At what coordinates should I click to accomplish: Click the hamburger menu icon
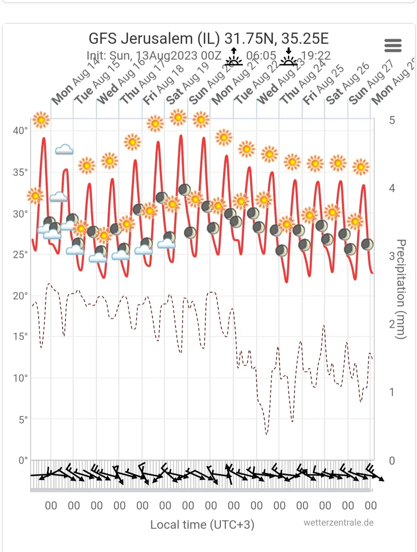393,46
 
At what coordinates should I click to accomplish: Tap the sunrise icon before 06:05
234,57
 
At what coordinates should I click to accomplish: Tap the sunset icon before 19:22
288,57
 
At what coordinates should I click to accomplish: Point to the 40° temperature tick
20,130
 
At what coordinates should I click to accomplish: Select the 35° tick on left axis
20,172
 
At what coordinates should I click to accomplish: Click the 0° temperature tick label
23,460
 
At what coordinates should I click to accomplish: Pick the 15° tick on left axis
20,337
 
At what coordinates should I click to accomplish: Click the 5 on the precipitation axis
392,120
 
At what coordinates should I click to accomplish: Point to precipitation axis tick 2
392,324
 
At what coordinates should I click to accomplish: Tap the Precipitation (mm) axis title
402,290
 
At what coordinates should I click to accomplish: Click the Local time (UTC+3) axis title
202,525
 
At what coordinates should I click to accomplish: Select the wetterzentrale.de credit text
338,523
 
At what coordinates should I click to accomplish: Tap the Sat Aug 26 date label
347,85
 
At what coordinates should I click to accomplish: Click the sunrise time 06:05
261,56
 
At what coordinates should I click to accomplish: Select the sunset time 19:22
315,56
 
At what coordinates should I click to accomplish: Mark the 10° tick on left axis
20,378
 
